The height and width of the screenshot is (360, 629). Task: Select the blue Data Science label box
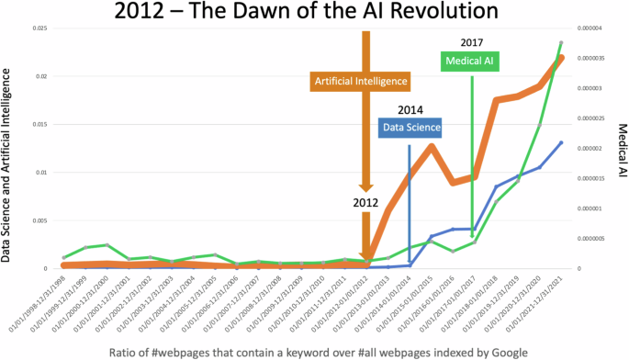point(410,128)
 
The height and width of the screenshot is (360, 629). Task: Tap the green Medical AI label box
point(472,61)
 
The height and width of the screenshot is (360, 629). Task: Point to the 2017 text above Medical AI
point(471,41)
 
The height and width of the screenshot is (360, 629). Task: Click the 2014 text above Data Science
point(410,109)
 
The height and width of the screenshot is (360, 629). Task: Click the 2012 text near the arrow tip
point(366,200)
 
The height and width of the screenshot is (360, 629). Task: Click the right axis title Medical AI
point(621,149)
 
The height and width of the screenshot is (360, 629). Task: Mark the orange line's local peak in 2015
point(432,147)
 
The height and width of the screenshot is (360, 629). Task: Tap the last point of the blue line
point(561,142)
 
